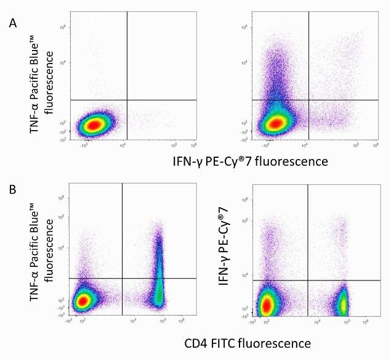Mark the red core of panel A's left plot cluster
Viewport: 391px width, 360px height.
(x=92, y=125)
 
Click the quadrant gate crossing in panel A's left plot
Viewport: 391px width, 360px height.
(x=127, y=100)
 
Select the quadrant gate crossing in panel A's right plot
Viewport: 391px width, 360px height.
(x=308, y=100)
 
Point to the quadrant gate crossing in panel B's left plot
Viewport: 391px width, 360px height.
(x=123, y=279)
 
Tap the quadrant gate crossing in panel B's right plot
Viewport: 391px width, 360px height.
(x=307, y=280)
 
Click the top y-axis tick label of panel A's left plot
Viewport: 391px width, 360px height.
(x=63, y=28)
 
